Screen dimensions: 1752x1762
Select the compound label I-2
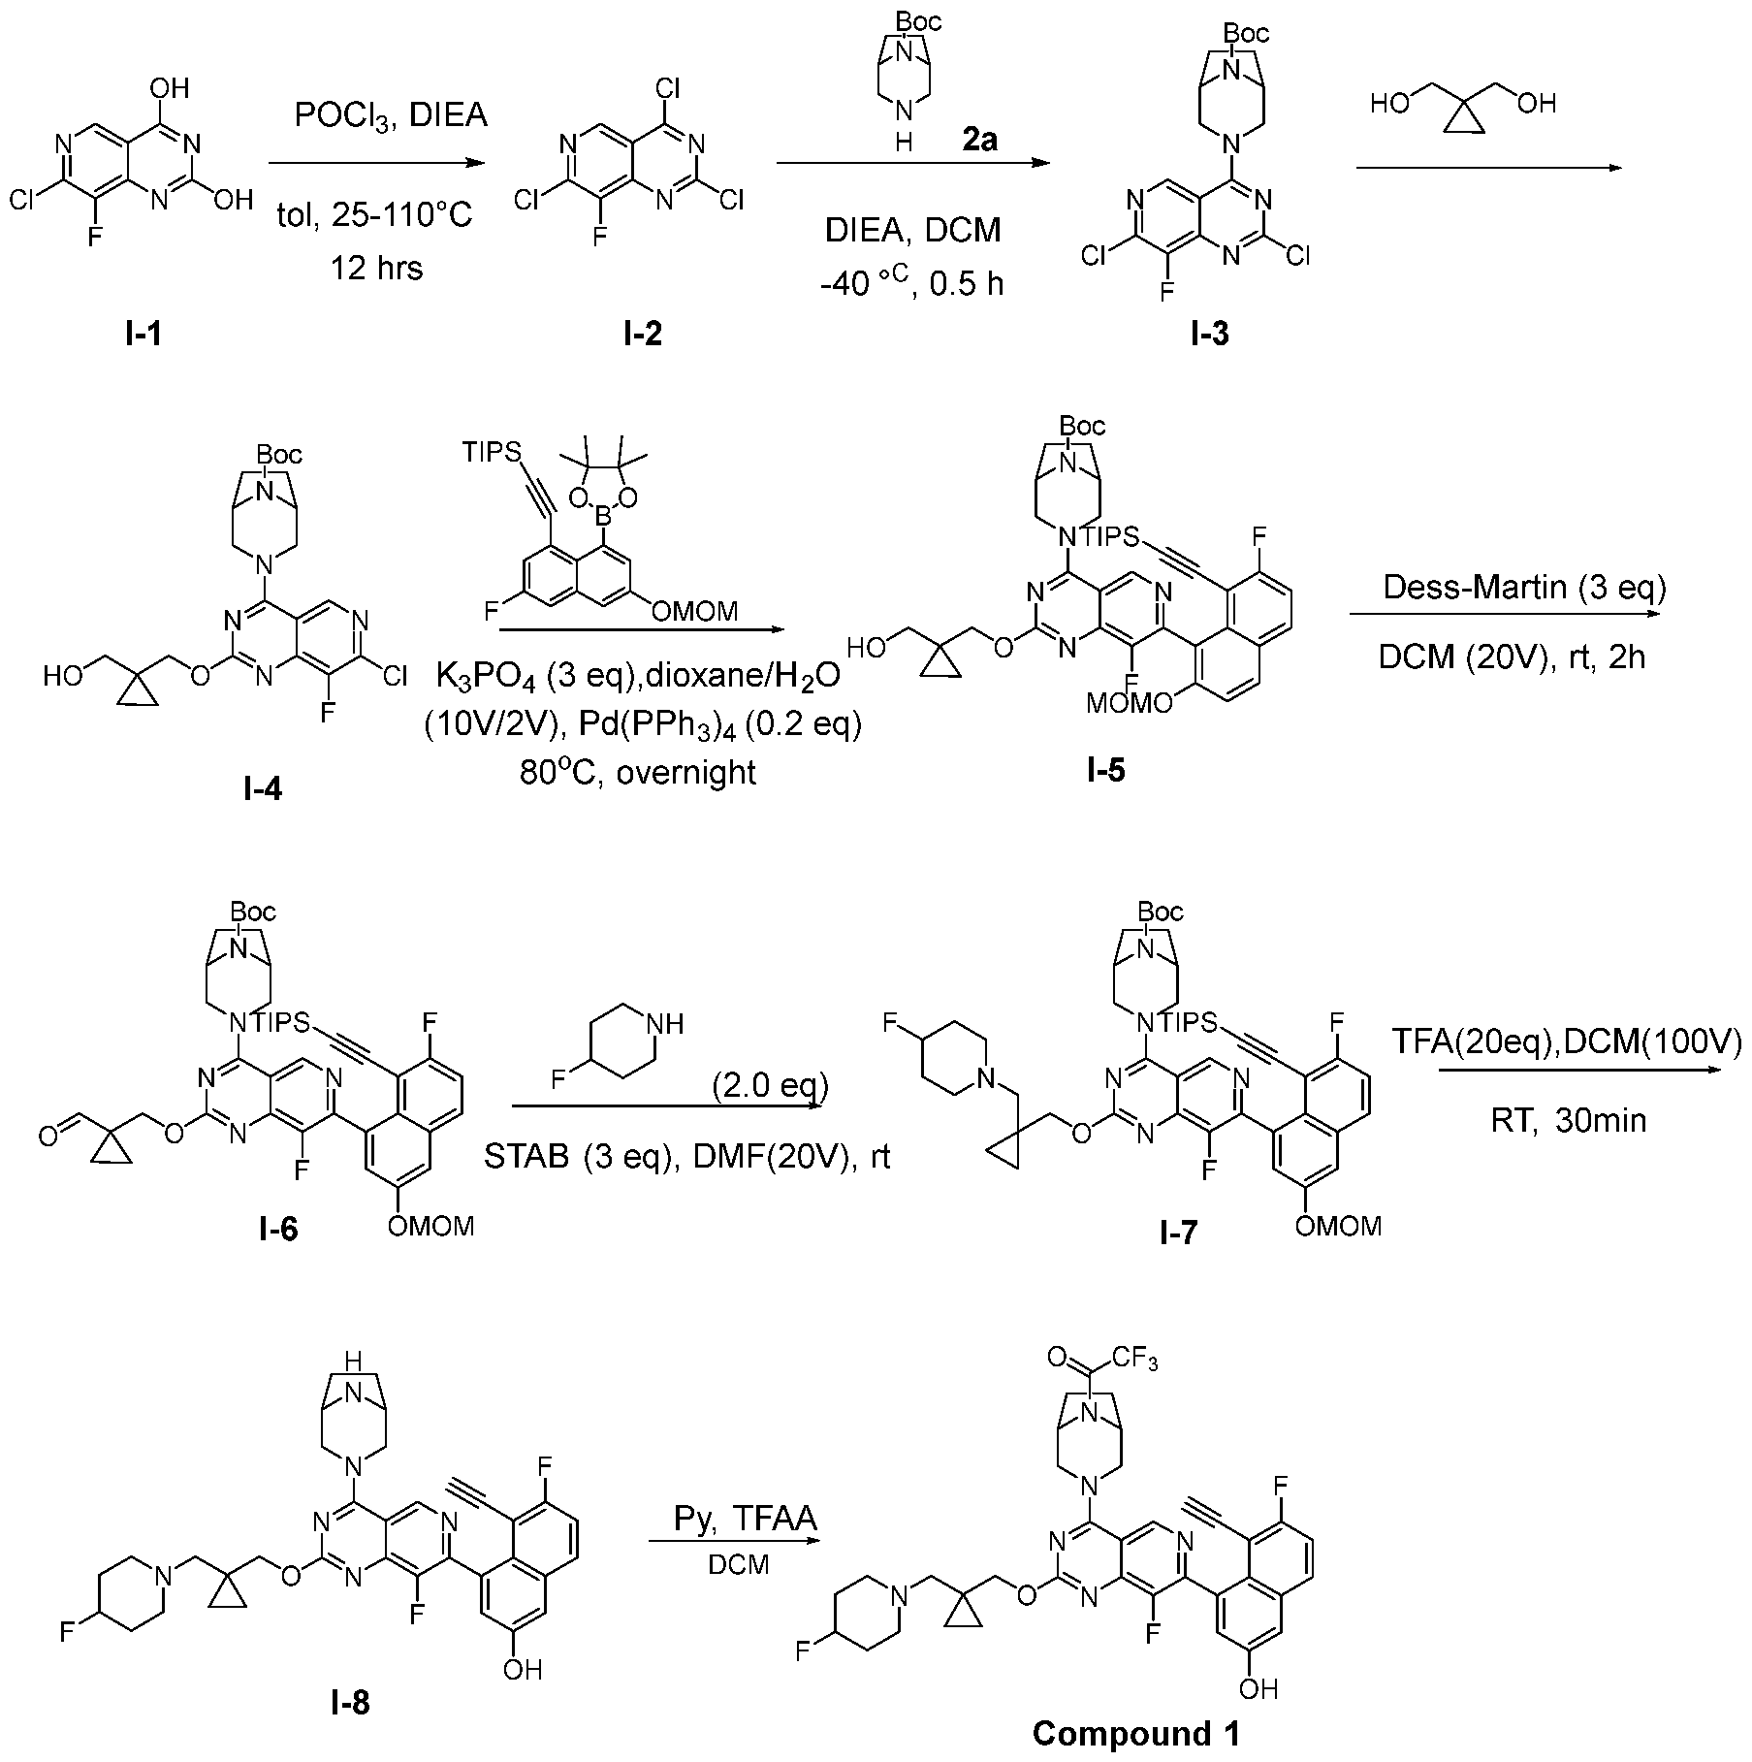(644, 335)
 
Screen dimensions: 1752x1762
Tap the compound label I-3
(1210, 335)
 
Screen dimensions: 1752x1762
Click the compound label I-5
(1107, 771)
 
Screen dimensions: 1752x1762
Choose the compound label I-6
(278, 1229)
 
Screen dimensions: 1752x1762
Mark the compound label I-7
(1177, 1233)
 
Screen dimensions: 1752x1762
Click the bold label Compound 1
(1135, 1733)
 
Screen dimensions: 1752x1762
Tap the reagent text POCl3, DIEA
(391, 115)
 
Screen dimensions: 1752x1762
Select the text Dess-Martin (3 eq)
(1523, 589)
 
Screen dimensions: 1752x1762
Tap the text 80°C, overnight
(638, 772)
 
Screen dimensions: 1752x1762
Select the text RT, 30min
(1568, 1121)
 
